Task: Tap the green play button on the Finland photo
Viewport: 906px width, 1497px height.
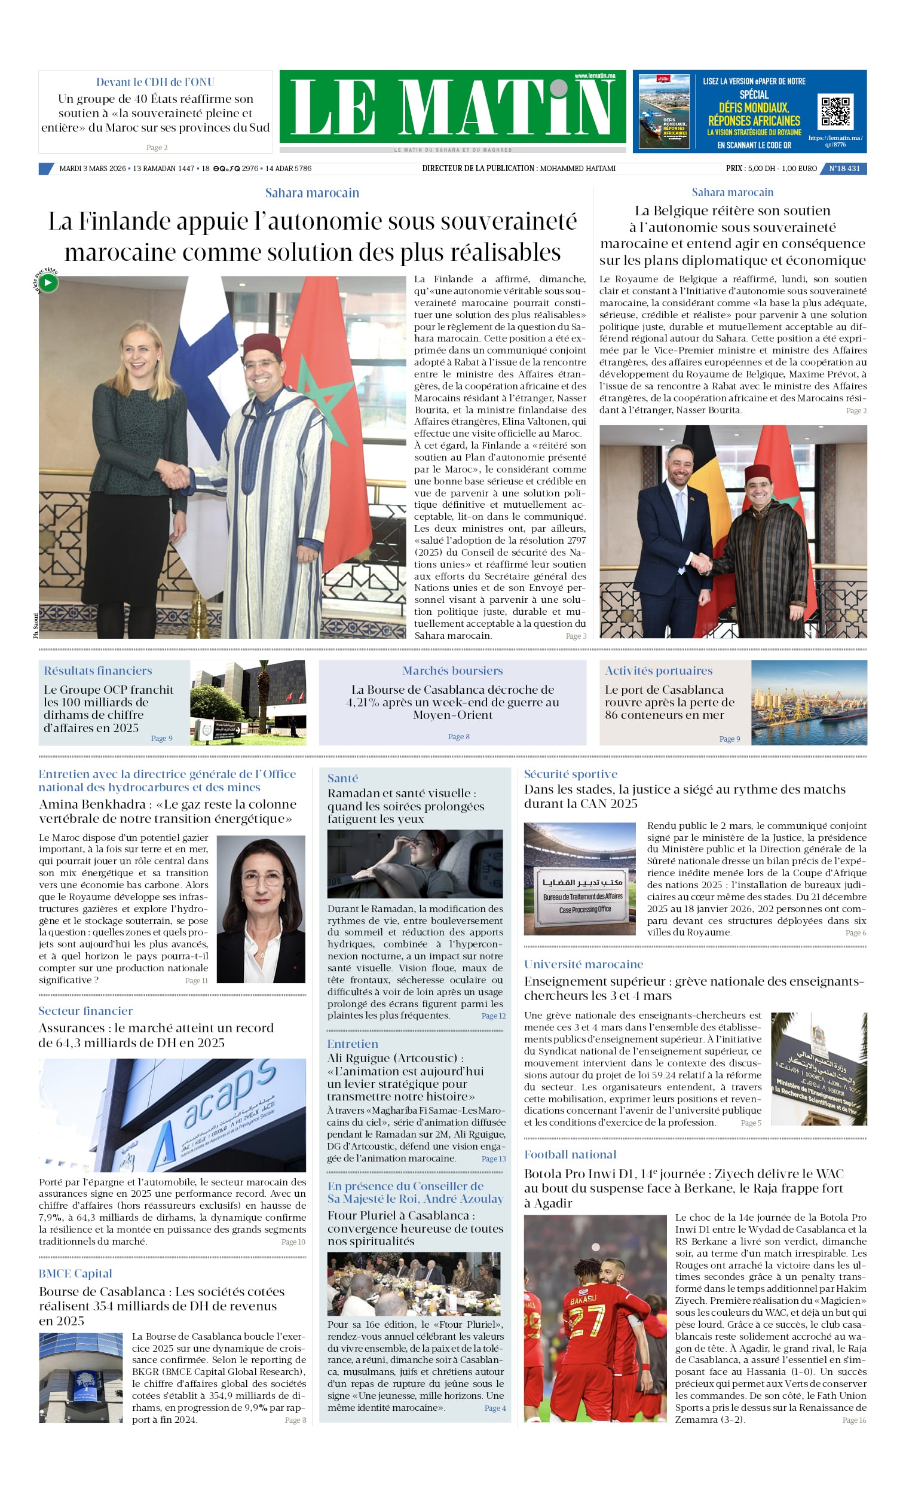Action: [x=48, y=282]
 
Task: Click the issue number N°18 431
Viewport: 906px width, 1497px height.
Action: [x=844, y=168]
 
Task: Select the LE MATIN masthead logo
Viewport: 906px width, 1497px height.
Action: [x=452, y=107]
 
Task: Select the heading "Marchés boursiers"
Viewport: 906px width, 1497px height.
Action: [x=452, y=670]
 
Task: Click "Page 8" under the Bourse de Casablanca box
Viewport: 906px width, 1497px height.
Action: [x=458, y=736]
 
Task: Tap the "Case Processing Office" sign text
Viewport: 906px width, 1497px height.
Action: [x=584, y=910]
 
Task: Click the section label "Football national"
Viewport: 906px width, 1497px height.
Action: [x=570, y=1154]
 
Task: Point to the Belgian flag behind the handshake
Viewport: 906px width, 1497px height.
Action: [x=705, y=480]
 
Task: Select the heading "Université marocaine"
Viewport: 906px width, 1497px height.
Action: [x=583, y=964]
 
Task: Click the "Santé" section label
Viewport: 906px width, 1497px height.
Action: [x=342, y=778]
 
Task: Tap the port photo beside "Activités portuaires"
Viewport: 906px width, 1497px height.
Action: [x=809, y=702]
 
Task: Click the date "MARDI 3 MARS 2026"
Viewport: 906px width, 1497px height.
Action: [x=92, y=168]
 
